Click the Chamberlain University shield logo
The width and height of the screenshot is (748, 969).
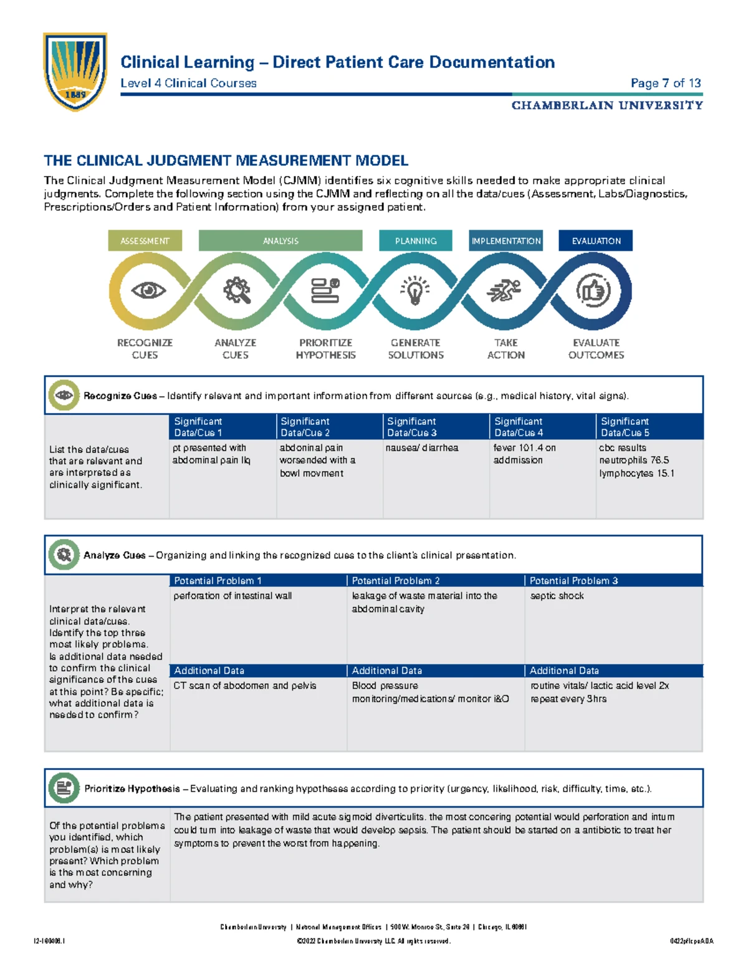click(x=75, y=72)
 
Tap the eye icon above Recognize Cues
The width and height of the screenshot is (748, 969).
click(x=148, y=291)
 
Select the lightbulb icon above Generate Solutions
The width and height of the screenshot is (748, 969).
click(x=416, y=291)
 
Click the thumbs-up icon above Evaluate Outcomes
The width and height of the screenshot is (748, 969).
click(x=593, y=291)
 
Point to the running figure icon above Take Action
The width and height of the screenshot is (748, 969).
click(x=504, y=291)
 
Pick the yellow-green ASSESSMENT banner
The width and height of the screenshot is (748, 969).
click(x=145, y=241)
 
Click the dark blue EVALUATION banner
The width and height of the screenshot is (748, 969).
click(x=596, y=241)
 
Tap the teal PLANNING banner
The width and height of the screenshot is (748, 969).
click(x=416, y=241)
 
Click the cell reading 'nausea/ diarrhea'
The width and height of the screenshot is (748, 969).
click(x=422, y=448)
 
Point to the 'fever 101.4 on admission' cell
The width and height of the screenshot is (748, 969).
click(x=524, y=454)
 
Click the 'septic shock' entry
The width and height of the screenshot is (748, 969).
click(x=557, y=596)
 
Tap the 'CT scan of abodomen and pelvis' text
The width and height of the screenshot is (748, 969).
click(x=245, y=686)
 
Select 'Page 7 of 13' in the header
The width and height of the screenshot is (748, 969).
click(x=666, y=83)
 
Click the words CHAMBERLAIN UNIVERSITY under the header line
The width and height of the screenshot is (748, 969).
click(x=607, y=105)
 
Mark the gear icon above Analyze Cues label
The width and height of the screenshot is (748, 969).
click(x=237, y=291)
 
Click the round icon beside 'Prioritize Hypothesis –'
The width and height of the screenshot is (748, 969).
click(x=64, y=788)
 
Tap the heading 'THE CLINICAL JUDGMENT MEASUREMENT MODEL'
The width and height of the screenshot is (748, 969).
click(x=226, y=161)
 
